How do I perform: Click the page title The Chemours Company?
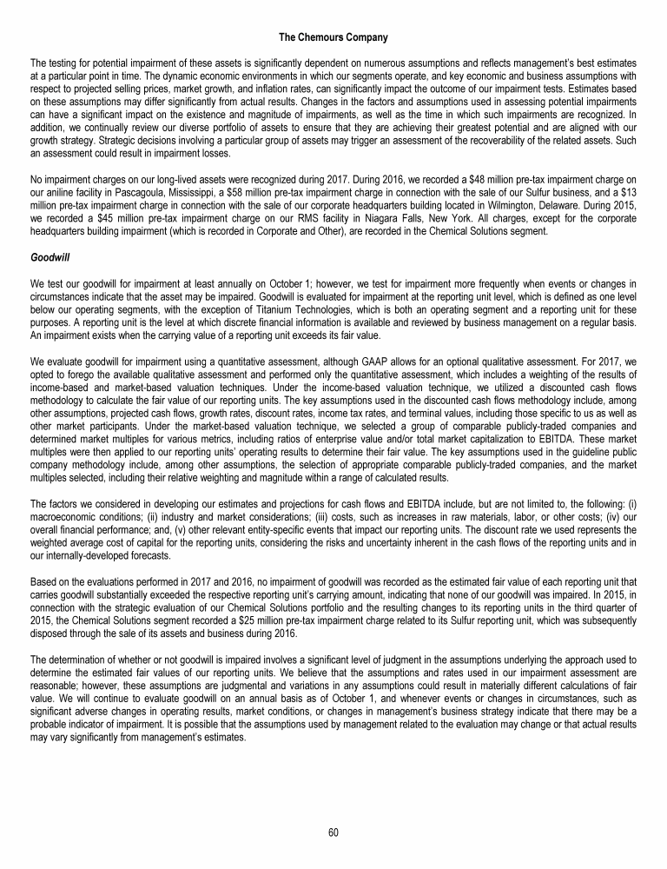333,37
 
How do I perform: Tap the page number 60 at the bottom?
333,832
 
